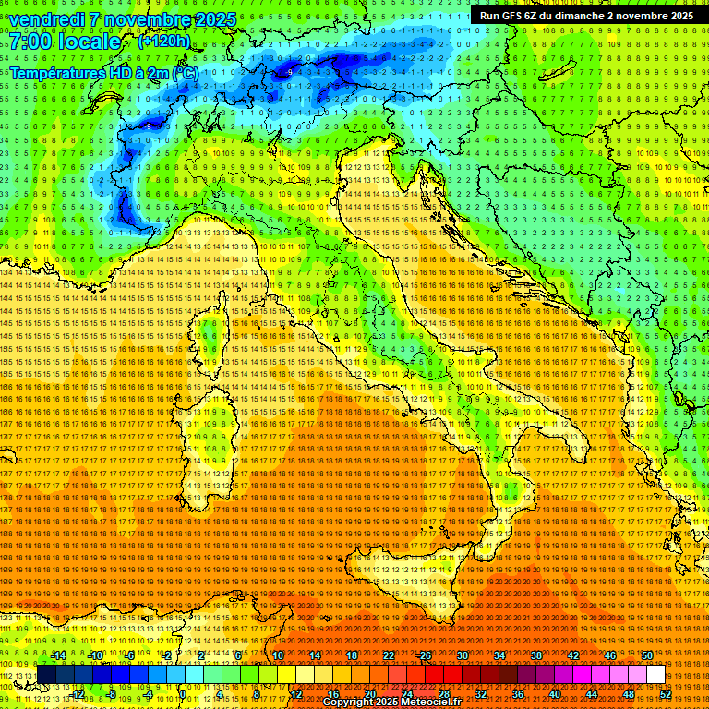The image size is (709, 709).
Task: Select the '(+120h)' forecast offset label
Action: click(164, 41)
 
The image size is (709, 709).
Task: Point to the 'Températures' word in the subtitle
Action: click(57, 73)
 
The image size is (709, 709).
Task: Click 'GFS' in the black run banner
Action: click(514, 16)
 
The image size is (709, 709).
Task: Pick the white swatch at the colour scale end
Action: click(655, 675)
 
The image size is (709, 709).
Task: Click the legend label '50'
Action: click(647, 655)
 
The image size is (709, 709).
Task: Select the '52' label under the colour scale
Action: click(666, 694)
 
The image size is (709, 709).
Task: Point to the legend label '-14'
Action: click(58, 655)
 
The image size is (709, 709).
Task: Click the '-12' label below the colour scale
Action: click(77, 694)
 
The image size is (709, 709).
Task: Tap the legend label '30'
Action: click(463, 655)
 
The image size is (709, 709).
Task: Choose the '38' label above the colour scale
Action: click(536, 655)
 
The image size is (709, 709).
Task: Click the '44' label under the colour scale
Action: click(592, 694)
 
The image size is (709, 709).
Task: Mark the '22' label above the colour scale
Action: click(389, 655)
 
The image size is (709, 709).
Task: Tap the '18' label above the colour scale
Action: click(352, 655)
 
